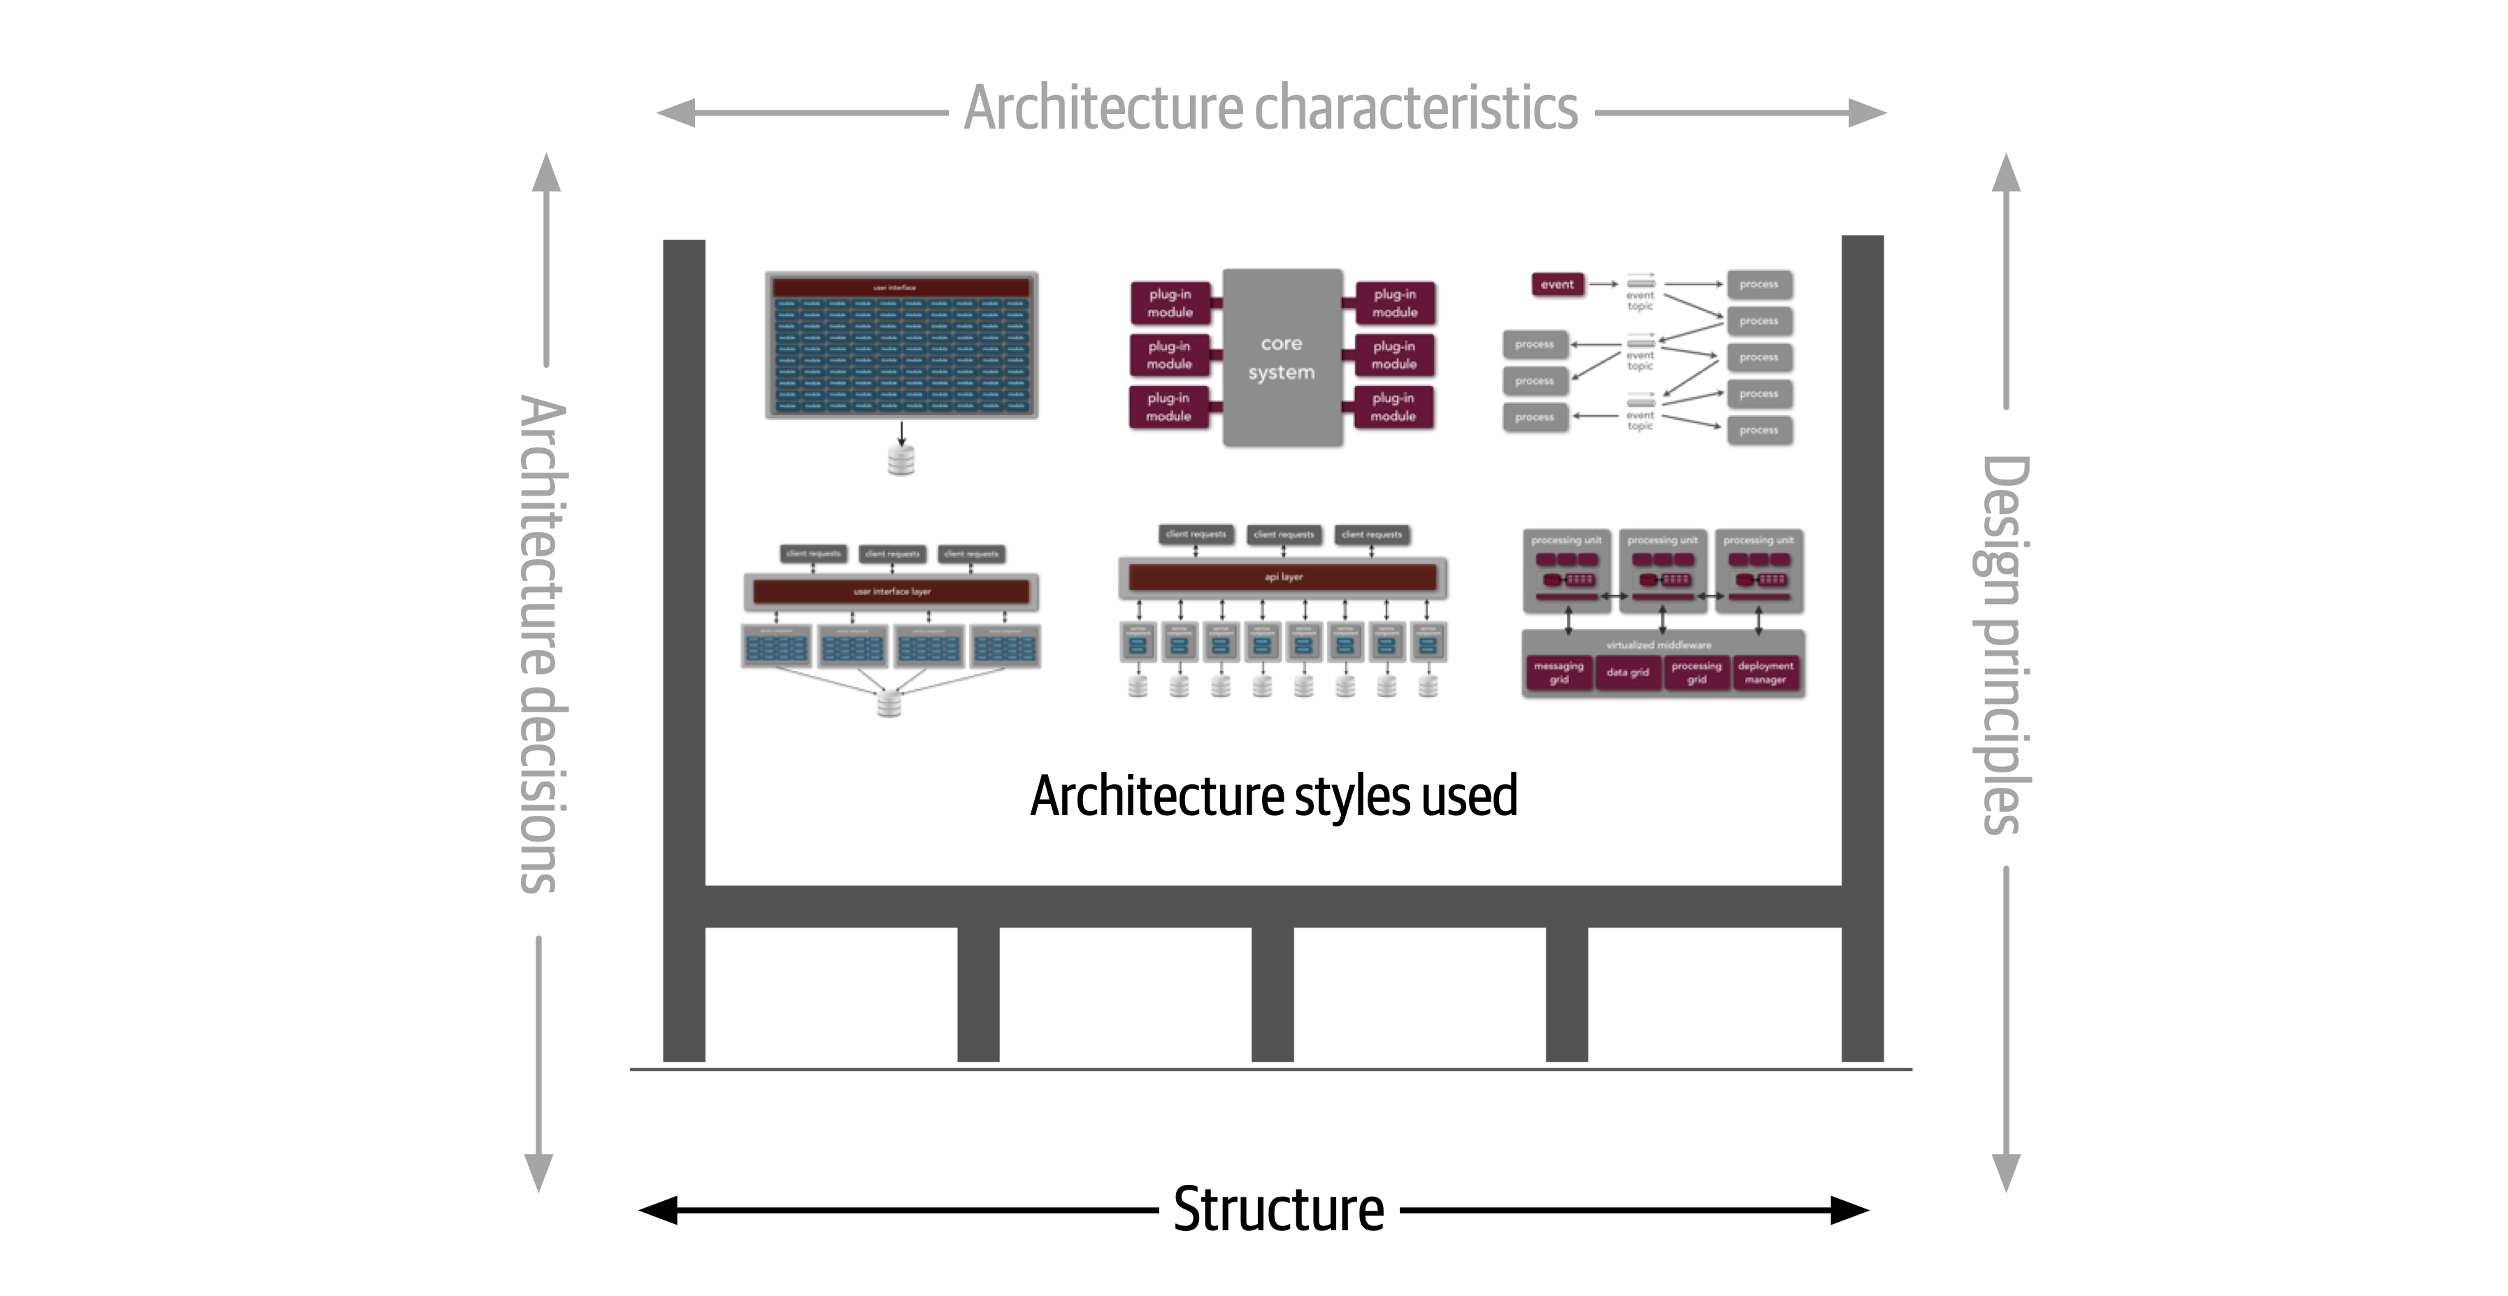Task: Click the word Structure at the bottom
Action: (x=1277, y=1210)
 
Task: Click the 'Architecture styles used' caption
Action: (x=1273, y=795)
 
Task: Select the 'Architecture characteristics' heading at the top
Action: (x=1270, y=108)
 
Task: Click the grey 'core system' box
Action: (x=1281, y=357)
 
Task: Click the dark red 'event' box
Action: (x=1557, y=285)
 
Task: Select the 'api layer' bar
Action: (x=1282, y=577)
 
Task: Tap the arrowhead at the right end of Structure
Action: (x=1850, y=1210)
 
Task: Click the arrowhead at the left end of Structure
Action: (x=658, y=1210)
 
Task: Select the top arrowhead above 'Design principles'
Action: (x=2005, y=173)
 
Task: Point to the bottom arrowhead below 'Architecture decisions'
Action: (x=538, y=1172)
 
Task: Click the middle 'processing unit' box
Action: (x=1662, y=570)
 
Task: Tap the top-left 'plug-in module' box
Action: (x=1169, y=303)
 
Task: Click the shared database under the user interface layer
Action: (x=889, y=702)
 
